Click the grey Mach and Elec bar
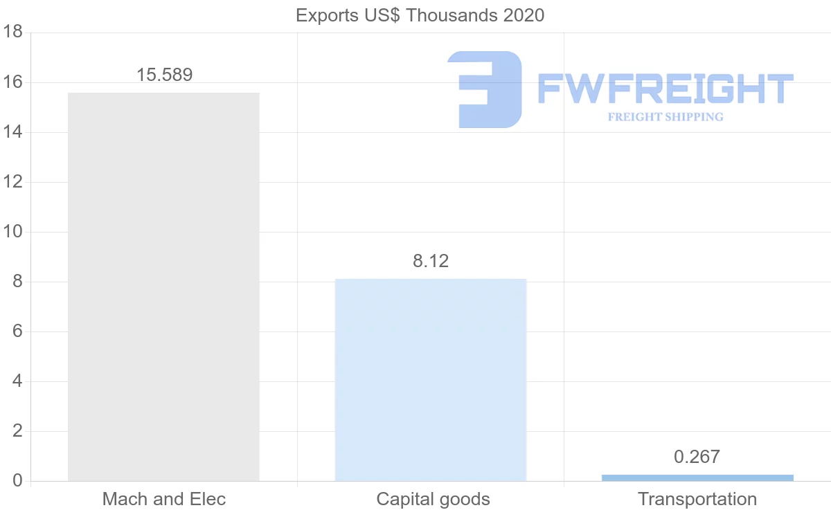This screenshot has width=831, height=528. [163, 286]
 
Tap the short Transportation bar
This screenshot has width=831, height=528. [697, 477]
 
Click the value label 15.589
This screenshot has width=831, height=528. [164, 75]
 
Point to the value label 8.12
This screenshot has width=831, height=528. [431, 261]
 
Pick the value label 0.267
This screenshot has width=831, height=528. [697, 457]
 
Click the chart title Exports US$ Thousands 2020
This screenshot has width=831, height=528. [420, 15]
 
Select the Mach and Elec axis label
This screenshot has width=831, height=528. [164, 499]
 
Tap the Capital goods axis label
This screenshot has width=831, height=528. [433, 499]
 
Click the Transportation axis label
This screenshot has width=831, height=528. [697, 499]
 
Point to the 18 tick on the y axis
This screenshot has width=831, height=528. [13, 33]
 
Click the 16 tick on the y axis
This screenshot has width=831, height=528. [13, 82]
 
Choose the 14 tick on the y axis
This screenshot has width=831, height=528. [13, 132]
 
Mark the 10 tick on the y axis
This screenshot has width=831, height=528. [13, 232]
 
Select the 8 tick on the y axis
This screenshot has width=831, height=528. [17, 282]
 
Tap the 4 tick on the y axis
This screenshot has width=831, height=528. [17, 381]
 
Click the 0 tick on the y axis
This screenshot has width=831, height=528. [17, 481]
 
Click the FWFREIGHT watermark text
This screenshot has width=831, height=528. [665, 89]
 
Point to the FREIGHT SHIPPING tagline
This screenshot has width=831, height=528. [665, 117]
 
